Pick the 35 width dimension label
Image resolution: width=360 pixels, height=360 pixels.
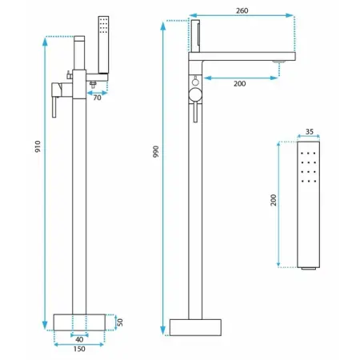[310, 135]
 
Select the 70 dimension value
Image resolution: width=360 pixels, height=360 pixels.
[98, 98]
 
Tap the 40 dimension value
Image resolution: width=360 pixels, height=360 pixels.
[78, 338]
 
